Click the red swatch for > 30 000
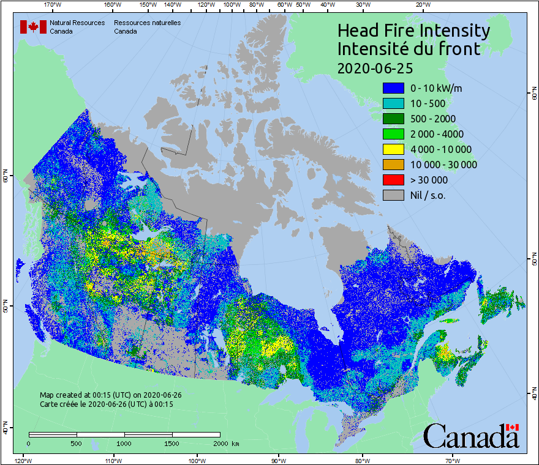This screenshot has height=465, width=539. [x=393, y=180]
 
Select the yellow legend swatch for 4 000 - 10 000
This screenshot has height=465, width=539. [x=393, y=149]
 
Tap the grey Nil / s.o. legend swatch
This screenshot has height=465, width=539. [x=393, y=195]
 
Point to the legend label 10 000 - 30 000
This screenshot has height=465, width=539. [x=443, y=165]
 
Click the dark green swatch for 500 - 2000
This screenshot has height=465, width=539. [x=393, y=119]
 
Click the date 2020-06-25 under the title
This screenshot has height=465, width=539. [x=375, y=67]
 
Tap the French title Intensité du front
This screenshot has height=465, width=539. [x=409, y=49]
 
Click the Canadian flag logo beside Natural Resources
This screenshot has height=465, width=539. [x=33, y=27]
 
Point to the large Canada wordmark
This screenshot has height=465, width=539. [x=471, y=436]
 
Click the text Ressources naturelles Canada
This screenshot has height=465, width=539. [x=147, y=27]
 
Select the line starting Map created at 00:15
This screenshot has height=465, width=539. [x=111, y=395]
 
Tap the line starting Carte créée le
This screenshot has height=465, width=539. [x=107, y=404]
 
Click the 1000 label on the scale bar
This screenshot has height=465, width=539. [x=124, y=443]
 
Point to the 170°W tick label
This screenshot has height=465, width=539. [x=53, y=5]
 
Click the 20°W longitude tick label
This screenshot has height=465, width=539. [x=422, y=5]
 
